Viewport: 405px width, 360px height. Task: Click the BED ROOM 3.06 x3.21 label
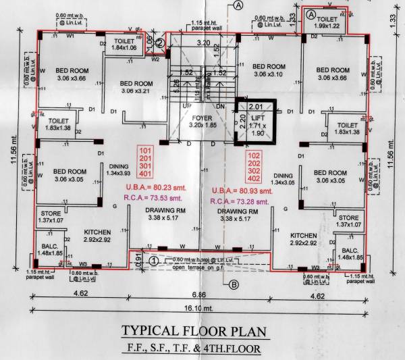138,86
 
